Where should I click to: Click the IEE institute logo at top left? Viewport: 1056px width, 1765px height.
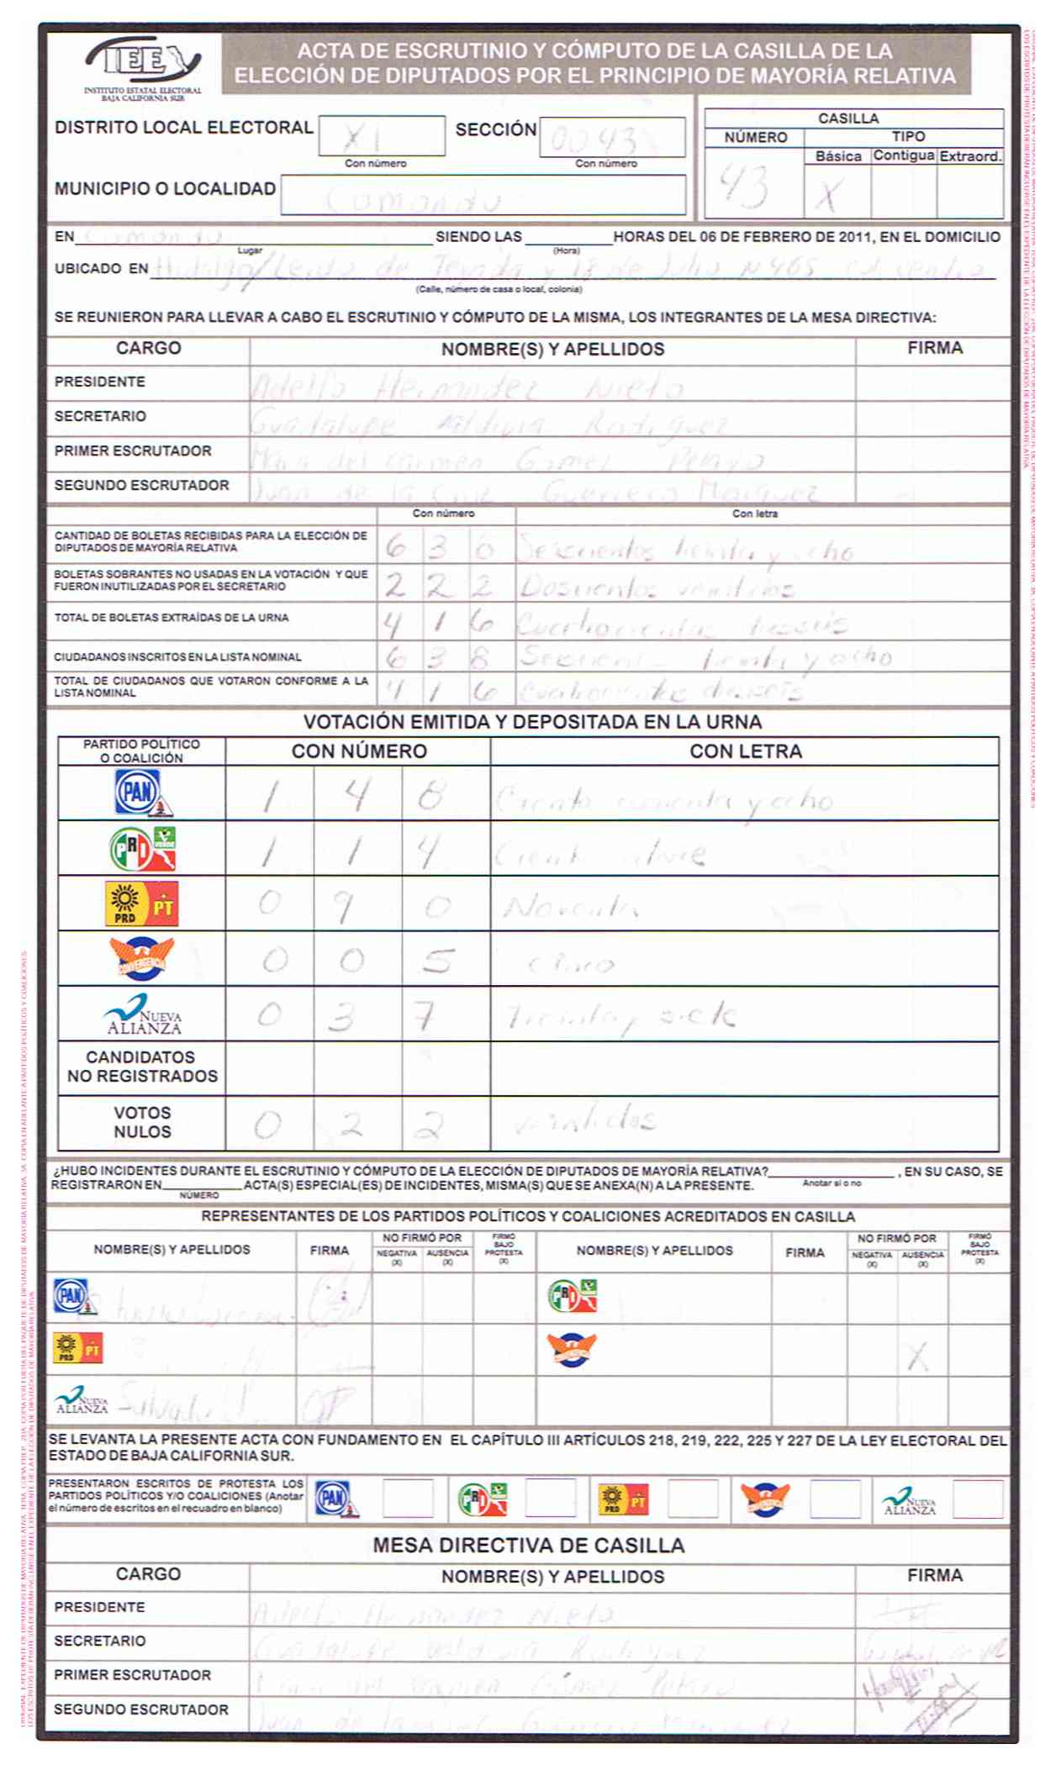[x=142, y=63]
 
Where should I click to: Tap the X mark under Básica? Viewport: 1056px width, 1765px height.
[x=829, y=196]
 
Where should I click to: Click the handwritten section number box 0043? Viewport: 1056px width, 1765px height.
[x=611, y=138]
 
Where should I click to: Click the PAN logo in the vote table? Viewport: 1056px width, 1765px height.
[x=142, y=793]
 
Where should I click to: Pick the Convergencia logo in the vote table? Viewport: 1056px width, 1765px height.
[x=141, y=959]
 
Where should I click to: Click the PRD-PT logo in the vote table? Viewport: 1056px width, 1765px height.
[x=141, y=904]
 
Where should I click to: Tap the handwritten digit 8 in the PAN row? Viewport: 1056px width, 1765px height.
[x=431, y=794]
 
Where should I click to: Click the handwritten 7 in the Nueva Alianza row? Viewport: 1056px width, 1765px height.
[x=425, y=1016]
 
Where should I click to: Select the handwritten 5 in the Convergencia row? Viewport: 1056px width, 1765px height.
[x=438, y=960]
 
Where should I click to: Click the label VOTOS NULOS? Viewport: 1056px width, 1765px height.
[x=142, y=1122]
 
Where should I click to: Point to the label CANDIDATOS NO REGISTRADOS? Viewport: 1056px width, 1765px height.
[x=141, y=1067]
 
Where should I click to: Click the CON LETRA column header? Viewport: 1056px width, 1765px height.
[x=745, y=751]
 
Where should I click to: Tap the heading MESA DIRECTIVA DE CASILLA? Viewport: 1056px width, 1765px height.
[x=528, y=1545]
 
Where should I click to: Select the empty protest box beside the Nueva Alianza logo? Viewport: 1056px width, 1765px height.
[x=977, y=1499]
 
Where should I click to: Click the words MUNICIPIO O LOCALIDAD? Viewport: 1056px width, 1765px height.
[x=165, y=189]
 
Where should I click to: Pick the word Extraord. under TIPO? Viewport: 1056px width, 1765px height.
[x=969, y=156]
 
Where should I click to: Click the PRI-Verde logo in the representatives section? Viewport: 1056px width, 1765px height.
[x=572, y=1296]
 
